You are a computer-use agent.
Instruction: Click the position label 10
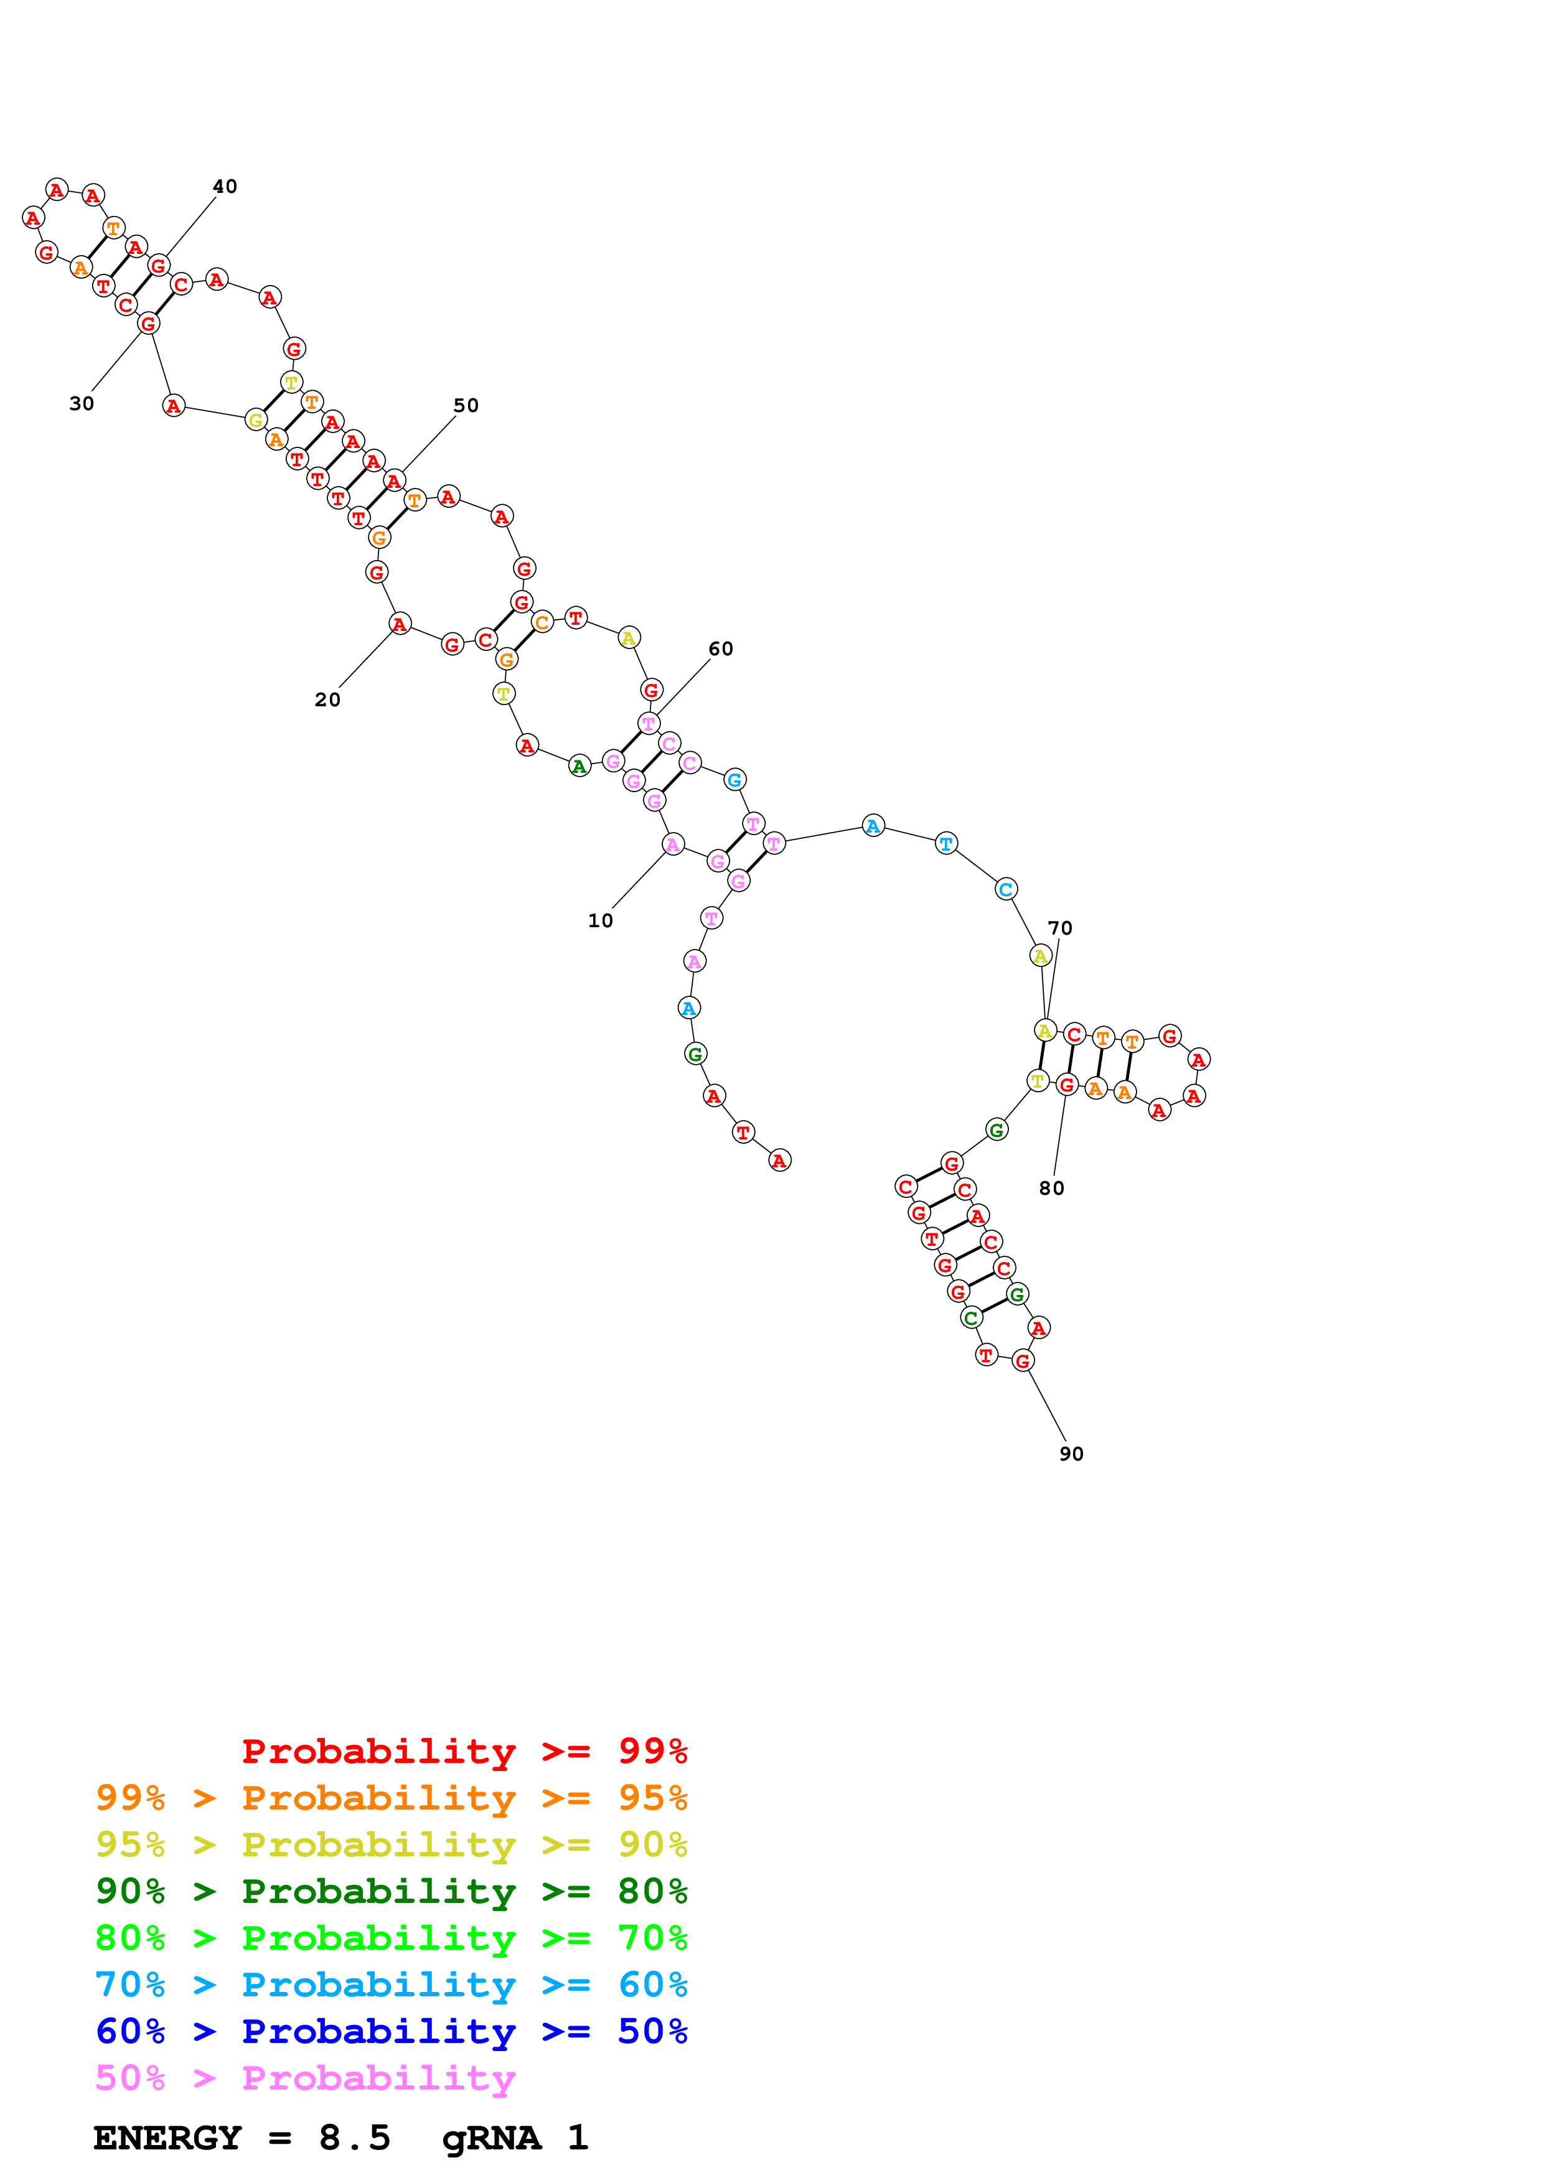tap(600, 920)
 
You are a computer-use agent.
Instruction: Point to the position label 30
tap(82, 403)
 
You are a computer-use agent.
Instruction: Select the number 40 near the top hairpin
tap(224, 186)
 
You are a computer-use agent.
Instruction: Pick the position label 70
tap(1059, 928)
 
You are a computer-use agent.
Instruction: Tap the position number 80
tap(1051, 1189)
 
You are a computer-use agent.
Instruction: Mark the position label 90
tap(1071, 1454)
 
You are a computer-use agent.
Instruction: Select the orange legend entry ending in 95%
tap(391, 1797)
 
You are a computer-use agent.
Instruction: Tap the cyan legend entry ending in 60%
tap(391, 1984)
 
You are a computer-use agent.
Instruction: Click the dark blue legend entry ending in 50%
tap(391, 2031)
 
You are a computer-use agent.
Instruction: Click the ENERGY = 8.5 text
tap(242, 2138)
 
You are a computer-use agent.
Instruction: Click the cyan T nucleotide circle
tap(946, 843)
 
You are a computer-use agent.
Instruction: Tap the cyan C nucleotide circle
tap(1006, 889)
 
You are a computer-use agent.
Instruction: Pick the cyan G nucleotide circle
tap(734, 780)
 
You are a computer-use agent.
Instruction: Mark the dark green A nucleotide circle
tap(579, 765)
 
